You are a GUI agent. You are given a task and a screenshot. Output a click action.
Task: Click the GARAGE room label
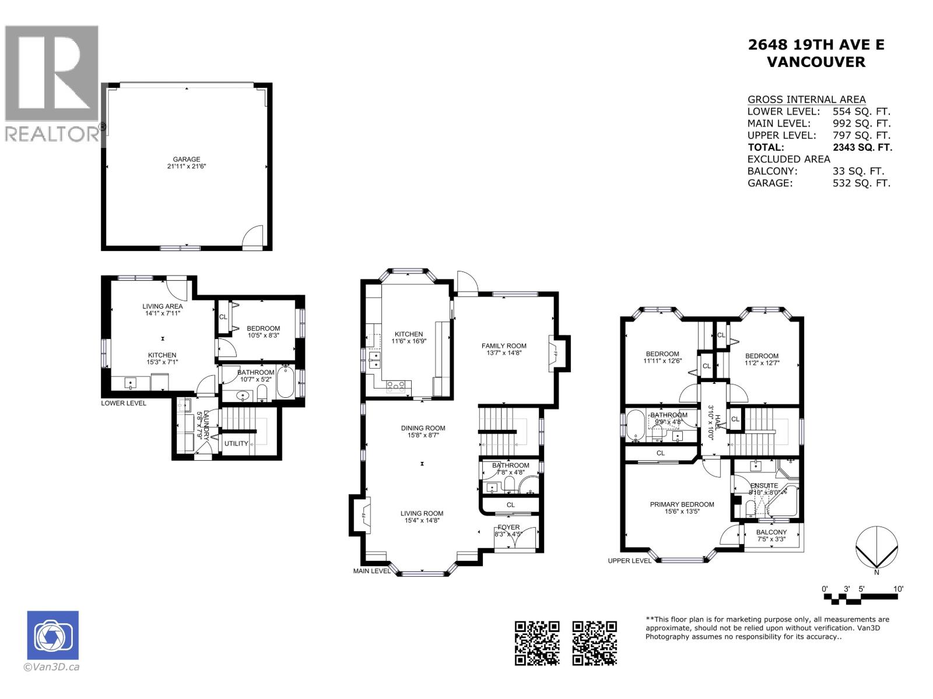(186, 159)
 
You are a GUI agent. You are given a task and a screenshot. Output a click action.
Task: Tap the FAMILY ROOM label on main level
(504, 345)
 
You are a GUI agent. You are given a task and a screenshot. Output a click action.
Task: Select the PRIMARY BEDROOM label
(682, 504)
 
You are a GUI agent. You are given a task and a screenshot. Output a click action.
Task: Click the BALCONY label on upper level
(771, 532)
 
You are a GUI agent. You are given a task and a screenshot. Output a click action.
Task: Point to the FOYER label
(508, 527)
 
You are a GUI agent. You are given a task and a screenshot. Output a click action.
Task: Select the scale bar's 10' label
(898, 589)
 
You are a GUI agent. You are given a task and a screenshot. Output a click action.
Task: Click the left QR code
(537, 643)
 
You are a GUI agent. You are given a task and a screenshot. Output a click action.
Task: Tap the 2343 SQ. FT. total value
(862, 147)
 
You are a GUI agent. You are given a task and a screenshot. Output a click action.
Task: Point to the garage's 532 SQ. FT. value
(862, 183)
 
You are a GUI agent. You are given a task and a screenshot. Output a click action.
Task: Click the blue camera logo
(52, 636)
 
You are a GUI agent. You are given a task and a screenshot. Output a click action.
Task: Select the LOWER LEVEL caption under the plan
(124, 403)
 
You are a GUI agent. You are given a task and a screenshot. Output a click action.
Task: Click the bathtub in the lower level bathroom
(285, 383)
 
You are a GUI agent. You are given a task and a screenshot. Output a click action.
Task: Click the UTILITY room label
(236, 443)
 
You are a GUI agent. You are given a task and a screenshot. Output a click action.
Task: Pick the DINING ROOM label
(423, 428)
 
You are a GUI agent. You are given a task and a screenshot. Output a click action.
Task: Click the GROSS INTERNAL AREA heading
(806, 100)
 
